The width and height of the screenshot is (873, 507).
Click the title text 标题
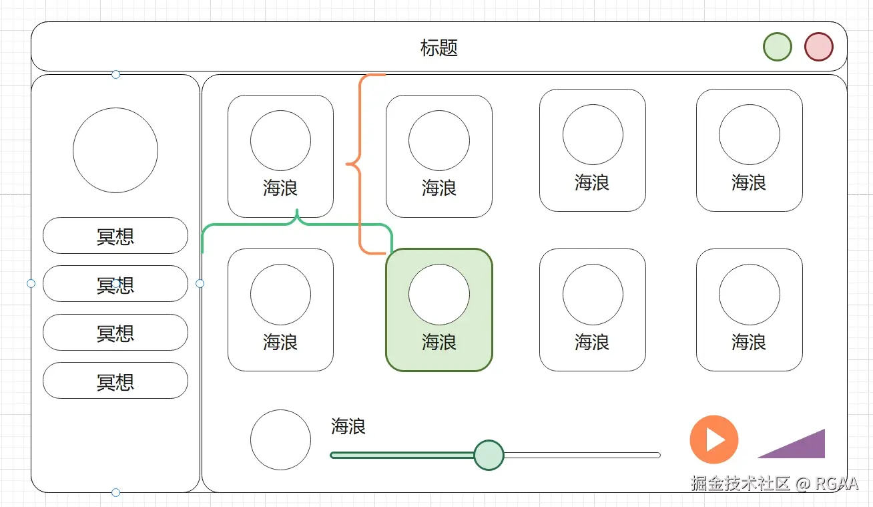pos(439,48)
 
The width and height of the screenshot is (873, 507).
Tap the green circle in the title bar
pos(777,47)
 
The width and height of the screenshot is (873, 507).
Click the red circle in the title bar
pos(818,47)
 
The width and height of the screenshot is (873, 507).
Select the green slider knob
pos(489,455)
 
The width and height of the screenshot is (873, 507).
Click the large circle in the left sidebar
pos(115,150)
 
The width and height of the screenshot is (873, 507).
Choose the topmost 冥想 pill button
pos(115,236)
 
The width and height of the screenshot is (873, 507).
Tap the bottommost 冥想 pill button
pos(115,381)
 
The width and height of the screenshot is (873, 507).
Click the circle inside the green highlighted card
pos(439,295)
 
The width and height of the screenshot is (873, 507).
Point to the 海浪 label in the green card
pos(439,343)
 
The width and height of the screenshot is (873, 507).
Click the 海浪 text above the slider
pos(348,427)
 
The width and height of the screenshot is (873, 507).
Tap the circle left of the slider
pos(280,440)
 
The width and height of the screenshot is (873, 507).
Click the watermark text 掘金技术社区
pos(740,484)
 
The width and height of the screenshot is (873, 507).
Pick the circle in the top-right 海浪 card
pos(749,134)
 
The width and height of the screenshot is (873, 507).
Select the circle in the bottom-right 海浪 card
pos(749,295)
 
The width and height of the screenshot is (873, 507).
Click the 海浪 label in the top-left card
pos(280,188)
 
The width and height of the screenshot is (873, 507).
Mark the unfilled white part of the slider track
pos(581,456)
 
